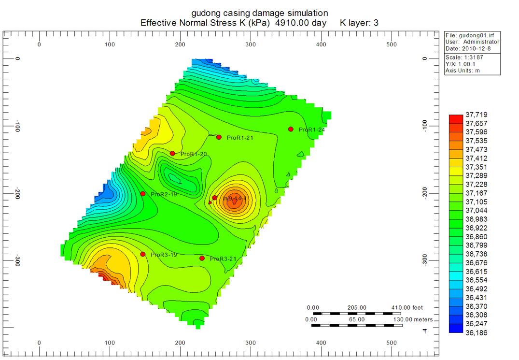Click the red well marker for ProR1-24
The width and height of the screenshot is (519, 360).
(x=291, y=129)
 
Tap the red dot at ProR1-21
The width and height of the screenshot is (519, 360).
(x=219, y=137)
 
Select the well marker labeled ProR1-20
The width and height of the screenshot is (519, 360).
(x=172, y=153)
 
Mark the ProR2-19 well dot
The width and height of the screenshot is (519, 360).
(x=142, y=194)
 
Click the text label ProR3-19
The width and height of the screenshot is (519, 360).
(x=164, y=255)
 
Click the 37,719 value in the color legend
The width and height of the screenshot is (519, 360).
(x=475, y=115)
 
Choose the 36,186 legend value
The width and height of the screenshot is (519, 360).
(x=475, y=333)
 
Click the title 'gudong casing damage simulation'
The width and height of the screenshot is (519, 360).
(x=260, y=13)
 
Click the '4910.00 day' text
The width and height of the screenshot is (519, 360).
(x=301, y=23)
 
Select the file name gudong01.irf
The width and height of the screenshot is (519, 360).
(x=480, y=35)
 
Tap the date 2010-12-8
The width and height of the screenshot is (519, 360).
(x=480, y=48)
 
